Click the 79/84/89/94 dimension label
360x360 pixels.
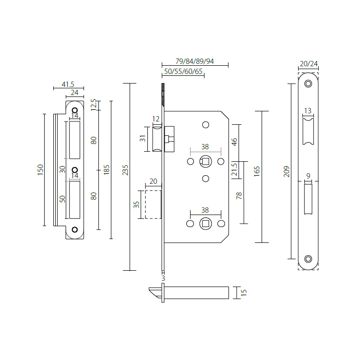coord(194,61)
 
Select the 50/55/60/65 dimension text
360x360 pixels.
coord(183,72)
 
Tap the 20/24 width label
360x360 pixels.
coord(308,64)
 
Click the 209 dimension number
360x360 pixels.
coord(287,171)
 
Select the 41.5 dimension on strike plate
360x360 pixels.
coord(68,84)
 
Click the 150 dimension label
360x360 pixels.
coord(40,169)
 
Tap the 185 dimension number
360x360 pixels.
coord(107,169)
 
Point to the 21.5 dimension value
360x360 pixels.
coord(235,169)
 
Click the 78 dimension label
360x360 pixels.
coord(239,195)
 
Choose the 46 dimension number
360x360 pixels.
coord(235,142)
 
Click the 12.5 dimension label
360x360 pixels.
coord(94,104)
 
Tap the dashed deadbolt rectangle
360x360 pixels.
coord(153,204)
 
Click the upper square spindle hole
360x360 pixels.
coord(205,161)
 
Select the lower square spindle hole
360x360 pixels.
coord(205,224)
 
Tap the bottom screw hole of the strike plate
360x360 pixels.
coord(74,230)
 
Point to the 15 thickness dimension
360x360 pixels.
coord(243,292)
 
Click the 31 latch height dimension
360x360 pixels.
coord(142,139)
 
